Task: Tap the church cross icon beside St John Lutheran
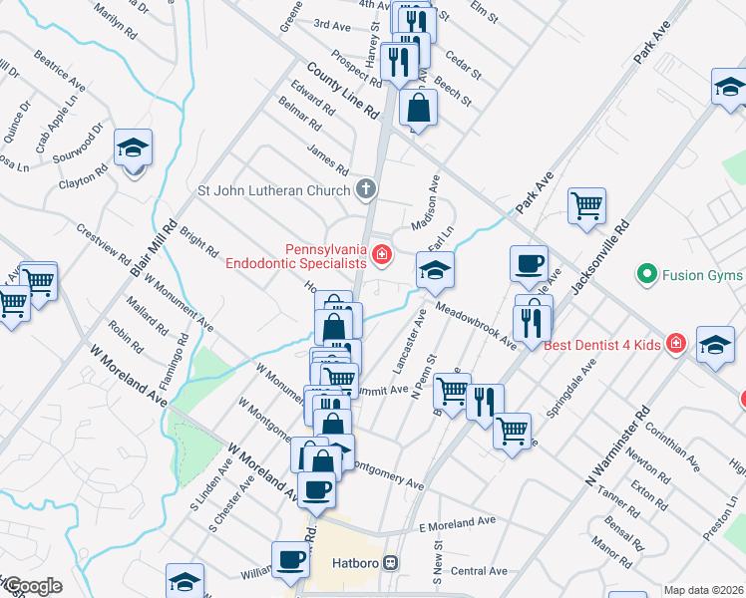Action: point(367,189)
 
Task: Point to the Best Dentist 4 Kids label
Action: point(603,345)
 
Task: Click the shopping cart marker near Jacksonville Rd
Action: point(586,205)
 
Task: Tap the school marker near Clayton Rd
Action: point(133,149)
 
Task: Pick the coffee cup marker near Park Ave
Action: point(529,263)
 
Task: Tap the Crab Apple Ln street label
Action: point(56,125)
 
